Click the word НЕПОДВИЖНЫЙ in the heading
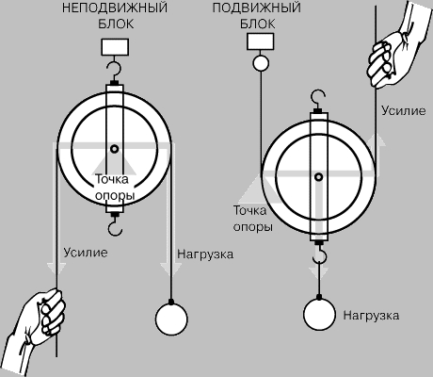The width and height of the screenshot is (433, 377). coord(115,8)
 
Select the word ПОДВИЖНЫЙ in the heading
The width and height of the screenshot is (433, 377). coord(257,8)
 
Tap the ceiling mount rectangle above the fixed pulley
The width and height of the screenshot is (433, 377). coord(115,47)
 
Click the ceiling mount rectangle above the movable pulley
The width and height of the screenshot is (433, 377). coord(261,41)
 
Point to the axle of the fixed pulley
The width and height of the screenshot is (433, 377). coord(115,148)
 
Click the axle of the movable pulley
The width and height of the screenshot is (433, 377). coord(319,177)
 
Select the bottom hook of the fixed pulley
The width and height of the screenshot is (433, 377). coord(115,224)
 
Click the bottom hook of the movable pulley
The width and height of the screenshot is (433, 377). coord(320,254)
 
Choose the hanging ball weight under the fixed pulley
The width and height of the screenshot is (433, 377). coord(171,320)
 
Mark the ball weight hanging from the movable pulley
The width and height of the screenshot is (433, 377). coord(319,314)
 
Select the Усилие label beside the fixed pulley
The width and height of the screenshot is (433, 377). coord(86,253)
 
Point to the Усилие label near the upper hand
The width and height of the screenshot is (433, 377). coord(404,110)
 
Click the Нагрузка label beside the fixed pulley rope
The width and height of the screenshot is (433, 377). coord(205,254)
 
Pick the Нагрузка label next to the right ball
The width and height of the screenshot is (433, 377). coord(371,315)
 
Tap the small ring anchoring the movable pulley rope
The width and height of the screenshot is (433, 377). coord(261,63)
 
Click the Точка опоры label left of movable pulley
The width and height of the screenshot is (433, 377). coord(252,219)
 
